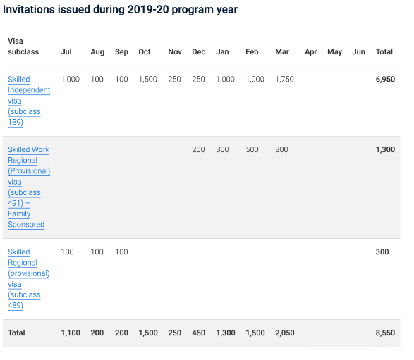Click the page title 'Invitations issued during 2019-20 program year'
click(x=120, y=10)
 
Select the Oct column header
click(x=145, y=51)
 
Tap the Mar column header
click(x=282, y=51)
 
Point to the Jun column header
click(x=358, y=51)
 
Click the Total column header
click(x=384, y=51)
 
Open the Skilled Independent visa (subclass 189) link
click(x=29, y=101)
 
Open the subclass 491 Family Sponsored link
click(x=29, y=187)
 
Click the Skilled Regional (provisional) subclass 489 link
click(x=28, y=278)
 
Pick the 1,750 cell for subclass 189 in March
click(x=284, y=80)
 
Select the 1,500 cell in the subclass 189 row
click(x=148, y=80)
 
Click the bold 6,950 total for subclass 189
click(x=385, y=80)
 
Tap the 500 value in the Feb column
click(x=252, y=149)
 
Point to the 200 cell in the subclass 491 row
click(x=198, y=149)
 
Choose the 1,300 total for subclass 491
click(x=385, y=149)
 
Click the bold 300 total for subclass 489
click(x=382, y=252)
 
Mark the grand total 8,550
click(x=385, y=333)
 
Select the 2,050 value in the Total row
click(x=285, y=333)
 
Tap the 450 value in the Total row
click(x=199, y=333)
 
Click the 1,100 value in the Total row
click(x=71, y=333)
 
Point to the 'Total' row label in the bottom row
click(x=16, y=333)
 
